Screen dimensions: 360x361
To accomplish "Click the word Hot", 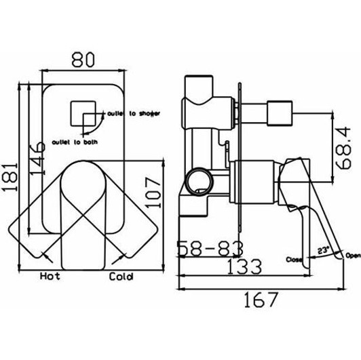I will click(x=51, y=277).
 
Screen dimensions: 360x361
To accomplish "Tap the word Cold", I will click(x=121, y=277).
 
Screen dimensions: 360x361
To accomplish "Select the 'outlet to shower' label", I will click(x=134, y=113).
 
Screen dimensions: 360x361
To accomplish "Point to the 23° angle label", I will click(x=323, y=250).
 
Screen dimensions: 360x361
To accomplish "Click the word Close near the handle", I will click(x=294, y=259).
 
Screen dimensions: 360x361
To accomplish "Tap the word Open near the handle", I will click(x=353, y=256).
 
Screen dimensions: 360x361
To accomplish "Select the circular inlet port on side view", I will click(x=197, y=180).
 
